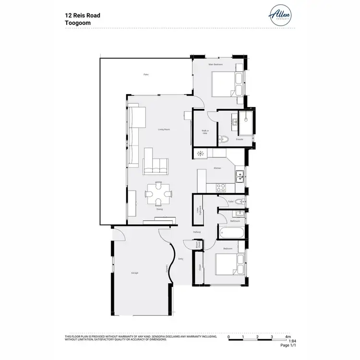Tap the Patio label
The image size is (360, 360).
click(146, 74)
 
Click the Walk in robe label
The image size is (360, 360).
click(204, 132)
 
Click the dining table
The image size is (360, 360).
click(159, 194)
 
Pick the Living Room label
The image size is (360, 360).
click(165, 130)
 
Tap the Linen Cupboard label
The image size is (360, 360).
click(198, 210)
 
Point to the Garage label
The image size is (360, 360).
click(134, 273)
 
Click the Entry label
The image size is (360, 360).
click(180, 259)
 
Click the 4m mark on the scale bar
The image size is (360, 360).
click(287, 337)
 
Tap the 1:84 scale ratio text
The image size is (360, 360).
click(287, 341)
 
